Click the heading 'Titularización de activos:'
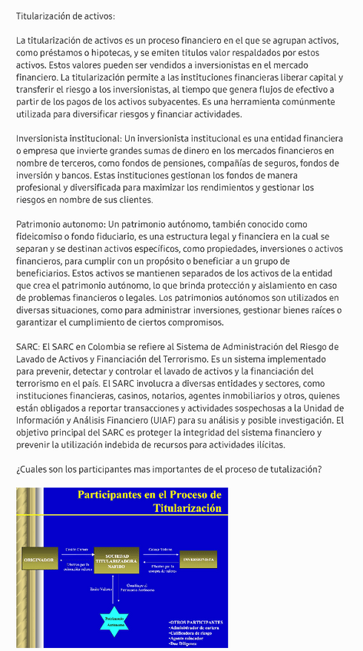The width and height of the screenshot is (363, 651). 65,15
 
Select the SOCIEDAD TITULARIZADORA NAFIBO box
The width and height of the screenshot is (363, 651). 115,561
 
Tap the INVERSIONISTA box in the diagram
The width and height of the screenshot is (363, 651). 198,560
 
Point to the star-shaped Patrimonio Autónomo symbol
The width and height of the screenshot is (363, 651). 116,623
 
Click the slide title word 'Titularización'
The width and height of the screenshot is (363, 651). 186,508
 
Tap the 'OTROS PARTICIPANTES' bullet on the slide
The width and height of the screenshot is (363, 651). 196,622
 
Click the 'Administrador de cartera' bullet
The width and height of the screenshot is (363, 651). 198,627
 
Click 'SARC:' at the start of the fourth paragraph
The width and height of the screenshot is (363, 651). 28,346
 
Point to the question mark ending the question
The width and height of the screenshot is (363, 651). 320,469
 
